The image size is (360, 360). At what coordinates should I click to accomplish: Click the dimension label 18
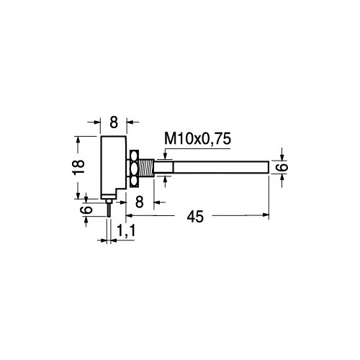[x=78, y=167]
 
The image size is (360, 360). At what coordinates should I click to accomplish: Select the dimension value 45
[x=195, y=217]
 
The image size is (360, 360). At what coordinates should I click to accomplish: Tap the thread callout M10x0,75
[x=198, y=138]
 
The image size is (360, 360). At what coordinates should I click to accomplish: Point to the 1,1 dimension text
[x=126, y=230]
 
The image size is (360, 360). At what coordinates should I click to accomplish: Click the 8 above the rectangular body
[x=114, y=122]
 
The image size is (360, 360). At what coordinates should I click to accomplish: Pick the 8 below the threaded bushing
[x=140, y=202]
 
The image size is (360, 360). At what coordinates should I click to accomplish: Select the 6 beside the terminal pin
[x=86, y=210]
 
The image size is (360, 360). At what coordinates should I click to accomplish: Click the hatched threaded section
[x=146, y=167]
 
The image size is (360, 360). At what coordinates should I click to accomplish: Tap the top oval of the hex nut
[x=134, y=156]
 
